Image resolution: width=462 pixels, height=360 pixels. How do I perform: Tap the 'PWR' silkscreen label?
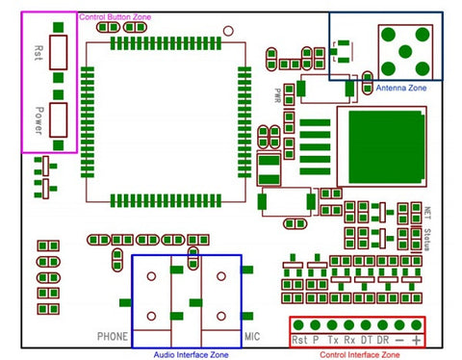(x=277, y=96)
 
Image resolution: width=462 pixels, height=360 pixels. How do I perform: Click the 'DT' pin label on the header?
(x=366, y=341)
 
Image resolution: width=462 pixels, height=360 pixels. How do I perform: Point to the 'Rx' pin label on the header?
(x=348, y=341)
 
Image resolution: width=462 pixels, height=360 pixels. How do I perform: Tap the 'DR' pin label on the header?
(x=382, y=341)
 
